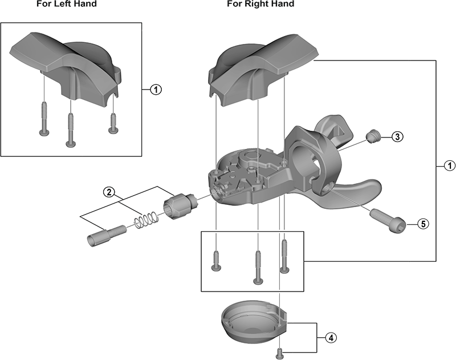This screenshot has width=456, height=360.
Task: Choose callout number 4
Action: click(330, 337)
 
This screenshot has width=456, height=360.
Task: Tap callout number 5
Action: click(422, 223)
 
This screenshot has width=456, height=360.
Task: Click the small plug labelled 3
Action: click(373, 136)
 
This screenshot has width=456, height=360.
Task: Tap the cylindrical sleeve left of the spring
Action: click(107, 234)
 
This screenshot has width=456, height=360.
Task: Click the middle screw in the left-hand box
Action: click(71, 127)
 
